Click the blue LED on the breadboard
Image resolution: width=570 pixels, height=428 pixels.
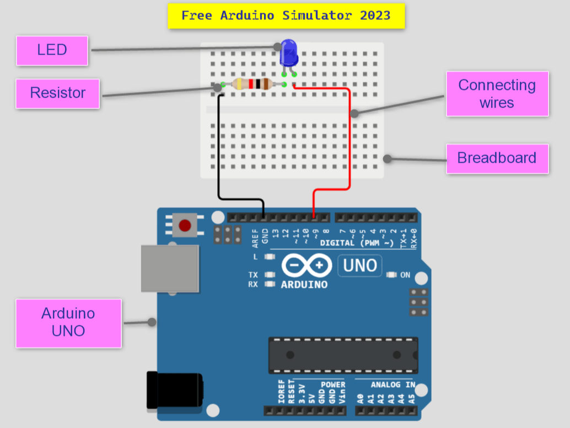pos(288,54)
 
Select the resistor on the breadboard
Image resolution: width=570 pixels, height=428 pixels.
pos(252,84)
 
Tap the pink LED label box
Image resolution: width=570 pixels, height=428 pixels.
pos(52,50)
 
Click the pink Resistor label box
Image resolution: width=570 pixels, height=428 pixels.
pos(58,93)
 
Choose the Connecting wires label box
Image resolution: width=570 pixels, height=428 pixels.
pos(497,94)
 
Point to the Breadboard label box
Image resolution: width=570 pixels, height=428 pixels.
pos(497,158)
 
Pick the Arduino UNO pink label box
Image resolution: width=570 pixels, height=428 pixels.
pos(68,323)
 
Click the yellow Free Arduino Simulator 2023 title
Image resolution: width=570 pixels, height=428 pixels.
pos(286,15)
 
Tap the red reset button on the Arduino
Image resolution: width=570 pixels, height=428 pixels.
pos(185,225)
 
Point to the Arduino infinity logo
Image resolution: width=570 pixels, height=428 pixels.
pos(306,266)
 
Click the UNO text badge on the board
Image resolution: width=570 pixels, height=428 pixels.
pos(359,266)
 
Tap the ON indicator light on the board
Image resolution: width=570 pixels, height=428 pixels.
pos(392,275)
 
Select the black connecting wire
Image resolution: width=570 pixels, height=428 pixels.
pos(219,149)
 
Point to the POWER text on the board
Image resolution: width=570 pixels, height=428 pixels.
pos(332,384)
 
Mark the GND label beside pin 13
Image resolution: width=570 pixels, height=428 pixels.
pos(265,236)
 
